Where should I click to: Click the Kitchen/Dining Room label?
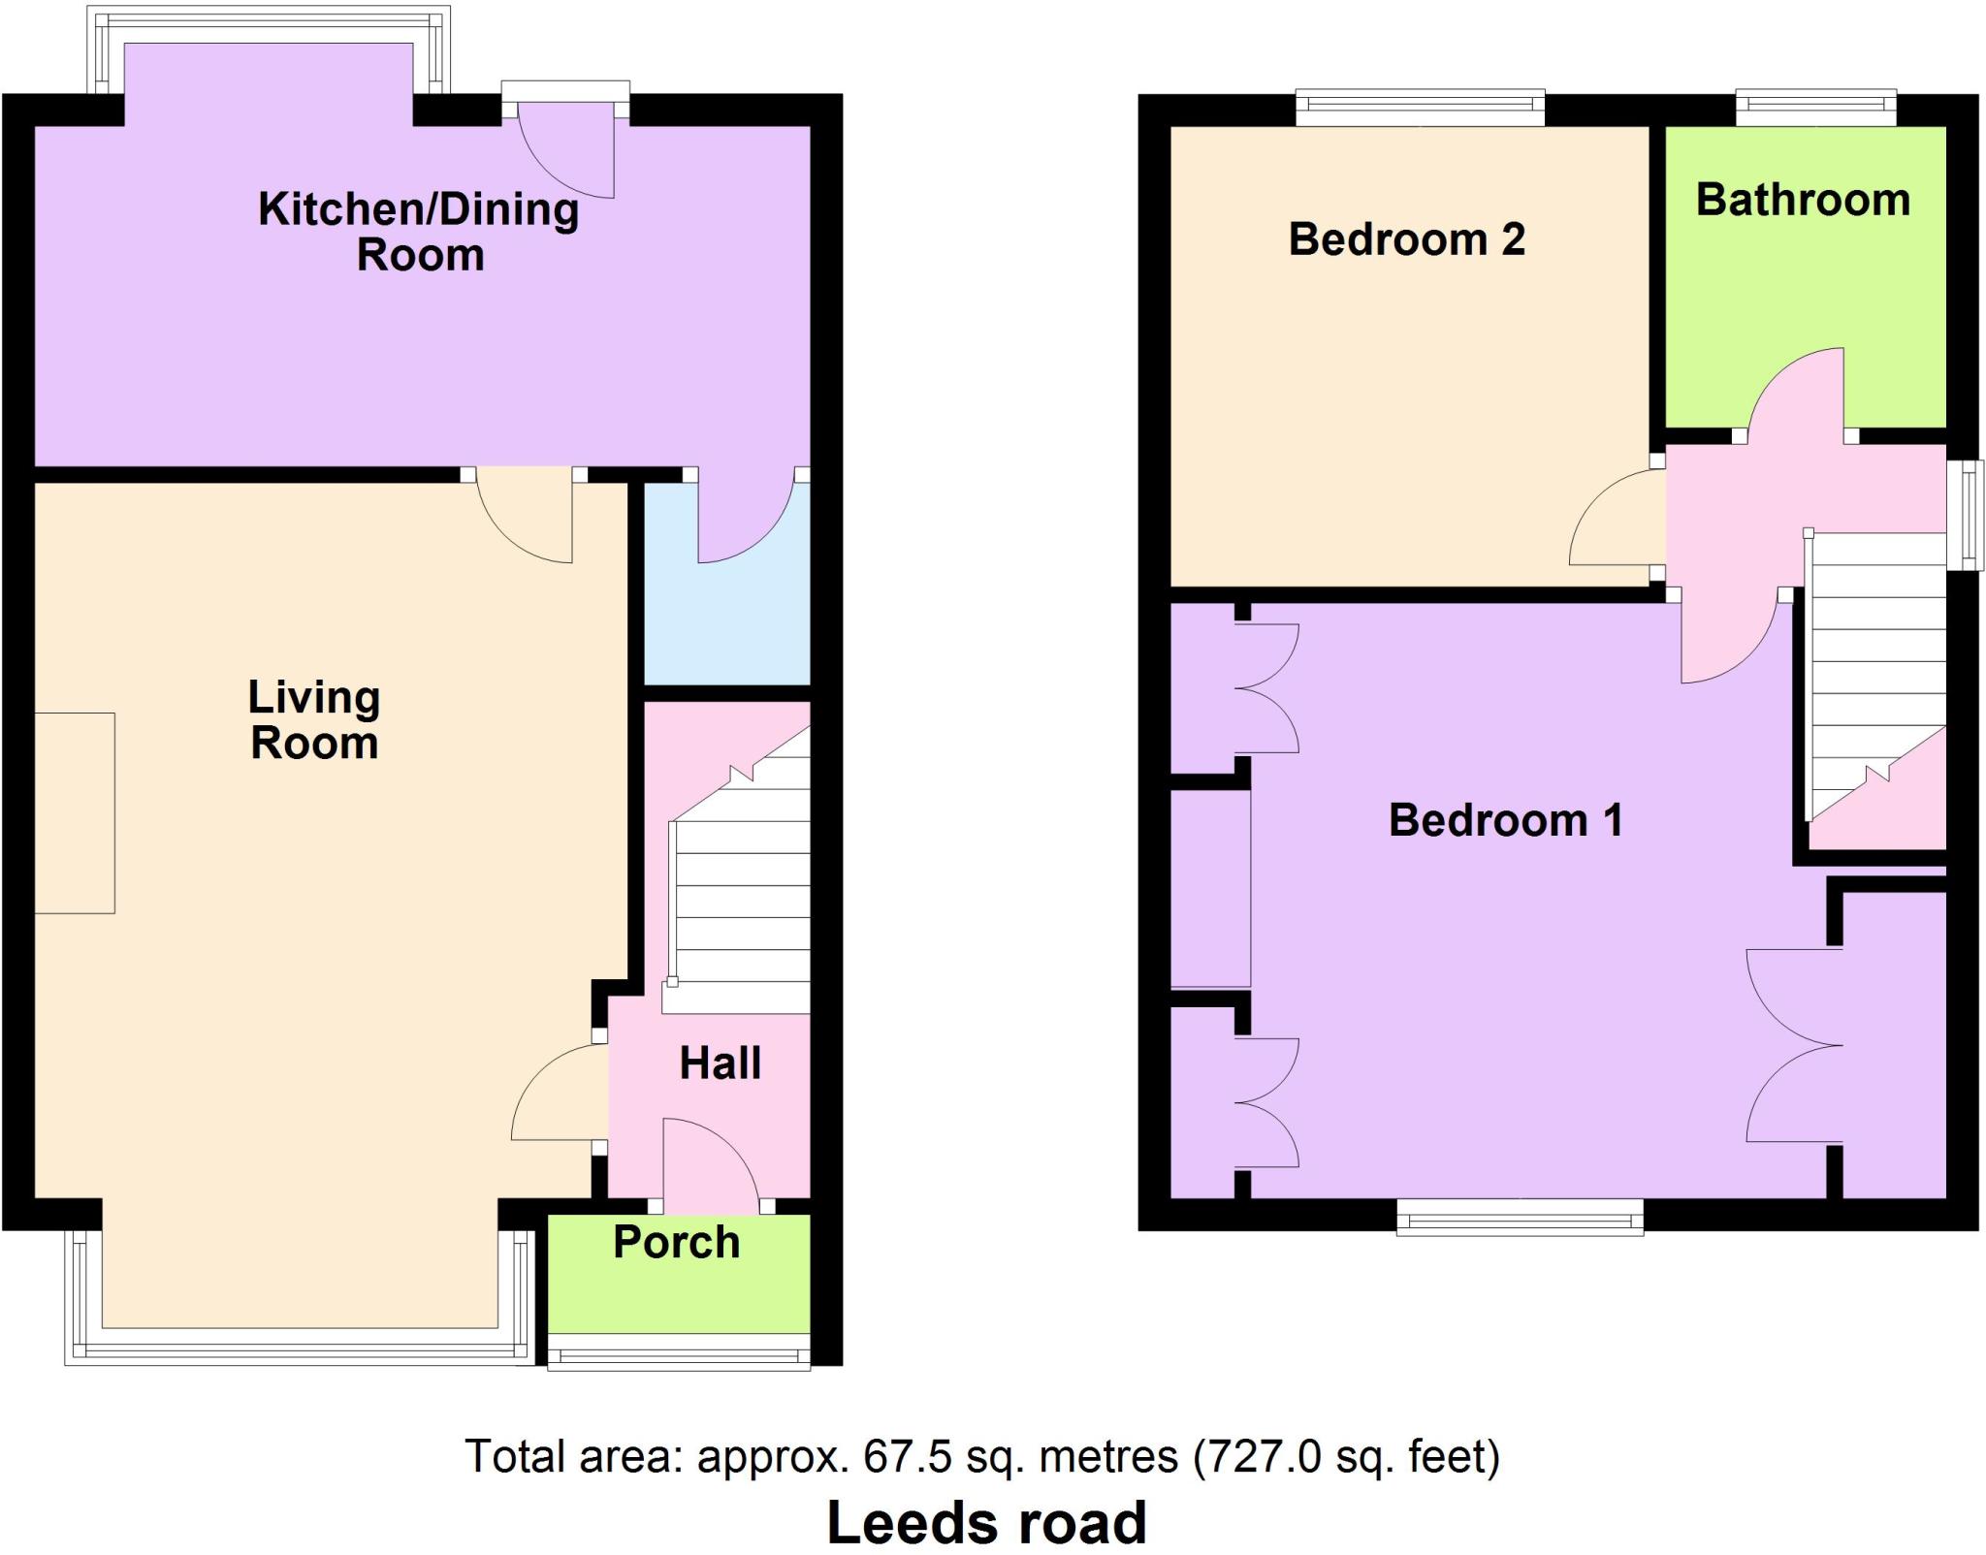419,232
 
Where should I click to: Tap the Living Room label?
314,720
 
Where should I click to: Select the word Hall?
720,1063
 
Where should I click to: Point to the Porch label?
677,1242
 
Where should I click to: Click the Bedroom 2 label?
1406,239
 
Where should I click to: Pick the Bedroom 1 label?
1505,820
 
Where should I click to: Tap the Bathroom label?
1803,200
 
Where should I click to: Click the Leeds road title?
987,1522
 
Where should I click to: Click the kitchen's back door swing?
566,150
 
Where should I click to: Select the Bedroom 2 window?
1421,108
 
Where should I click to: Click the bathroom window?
1815,108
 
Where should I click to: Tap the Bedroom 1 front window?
1520,1218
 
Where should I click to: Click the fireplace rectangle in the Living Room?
75,813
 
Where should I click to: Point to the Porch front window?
679,1350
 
